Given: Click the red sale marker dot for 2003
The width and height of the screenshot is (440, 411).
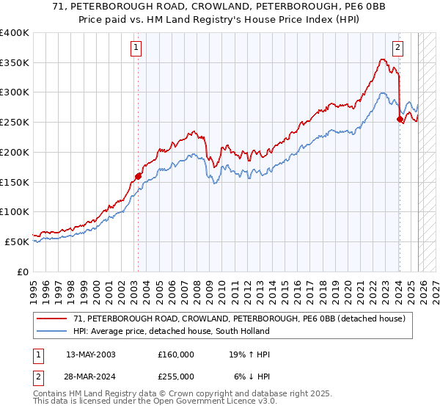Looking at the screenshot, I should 138,176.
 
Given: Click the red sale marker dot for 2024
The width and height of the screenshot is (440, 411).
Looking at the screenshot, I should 400,120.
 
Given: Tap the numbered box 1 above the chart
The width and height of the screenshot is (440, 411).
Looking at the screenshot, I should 137,48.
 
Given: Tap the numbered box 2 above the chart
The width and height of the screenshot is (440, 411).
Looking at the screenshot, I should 397,48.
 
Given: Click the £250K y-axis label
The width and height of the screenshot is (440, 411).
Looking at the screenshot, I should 15,123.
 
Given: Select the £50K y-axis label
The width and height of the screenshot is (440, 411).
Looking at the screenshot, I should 18,241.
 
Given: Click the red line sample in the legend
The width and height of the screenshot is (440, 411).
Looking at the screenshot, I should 52,319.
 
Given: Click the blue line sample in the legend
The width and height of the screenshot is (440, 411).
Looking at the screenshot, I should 52,331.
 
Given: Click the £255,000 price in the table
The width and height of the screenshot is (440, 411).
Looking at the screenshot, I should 175,376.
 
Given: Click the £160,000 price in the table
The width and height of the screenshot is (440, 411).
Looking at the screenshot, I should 175,354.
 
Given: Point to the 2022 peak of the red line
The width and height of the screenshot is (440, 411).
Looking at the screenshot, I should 383,59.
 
